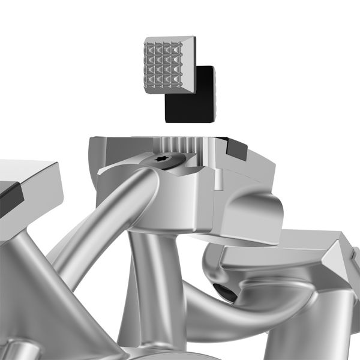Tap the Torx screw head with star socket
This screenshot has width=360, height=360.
[163, 161]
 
